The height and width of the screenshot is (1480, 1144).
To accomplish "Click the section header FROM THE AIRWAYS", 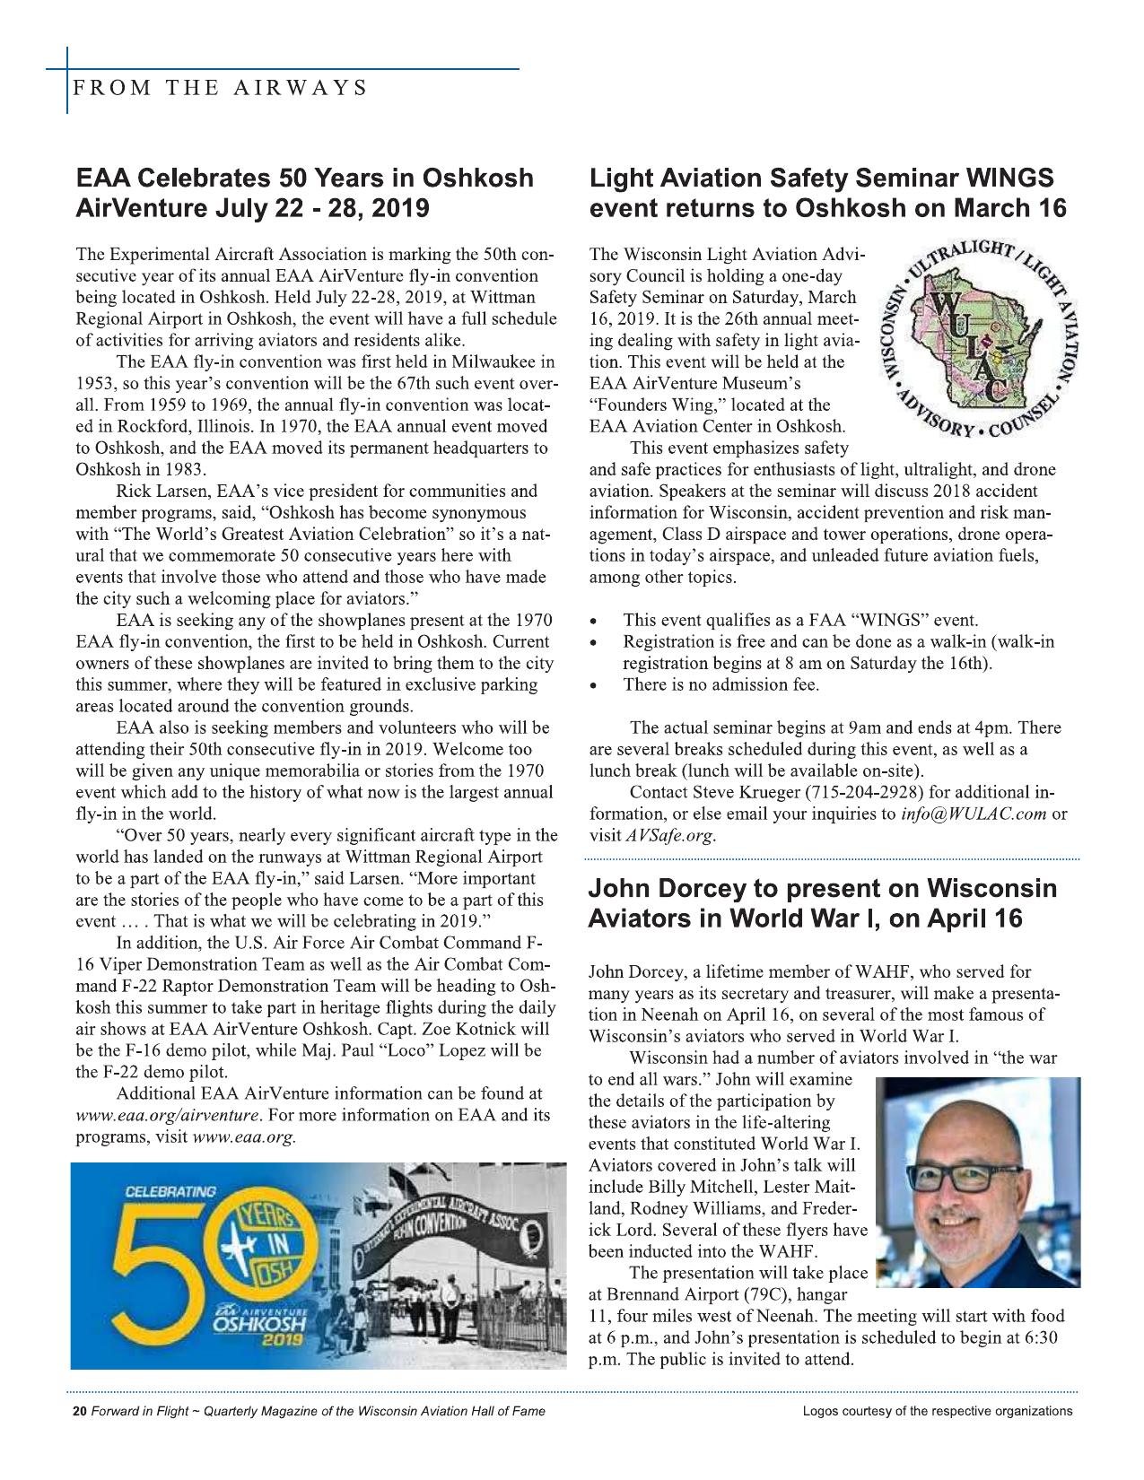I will pyautogui.click(x=221, y=88).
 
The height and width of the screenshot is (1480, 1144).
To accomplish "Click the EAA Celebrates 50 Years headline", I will pyautogui.click(x=304, y=192).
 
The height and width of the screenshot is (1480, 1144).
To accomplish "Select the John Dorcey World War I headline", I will pyautogui.click(x=822, y=904).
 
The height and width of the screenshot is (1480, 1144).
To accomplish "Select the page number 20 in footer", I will pyautogui.click(x=78, y=1411).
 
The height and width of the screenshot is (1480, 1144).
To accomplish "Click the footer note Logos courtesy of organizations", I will pyautogui.click(x=937, y=1411).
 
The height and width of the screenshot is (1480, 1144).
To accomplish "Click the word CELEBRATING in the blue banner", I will pyautogui.click(x=170, y=1193).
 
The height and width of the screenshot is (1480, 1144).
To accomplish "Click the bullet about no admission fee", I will pyautogui.click(x=720, y=685).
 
